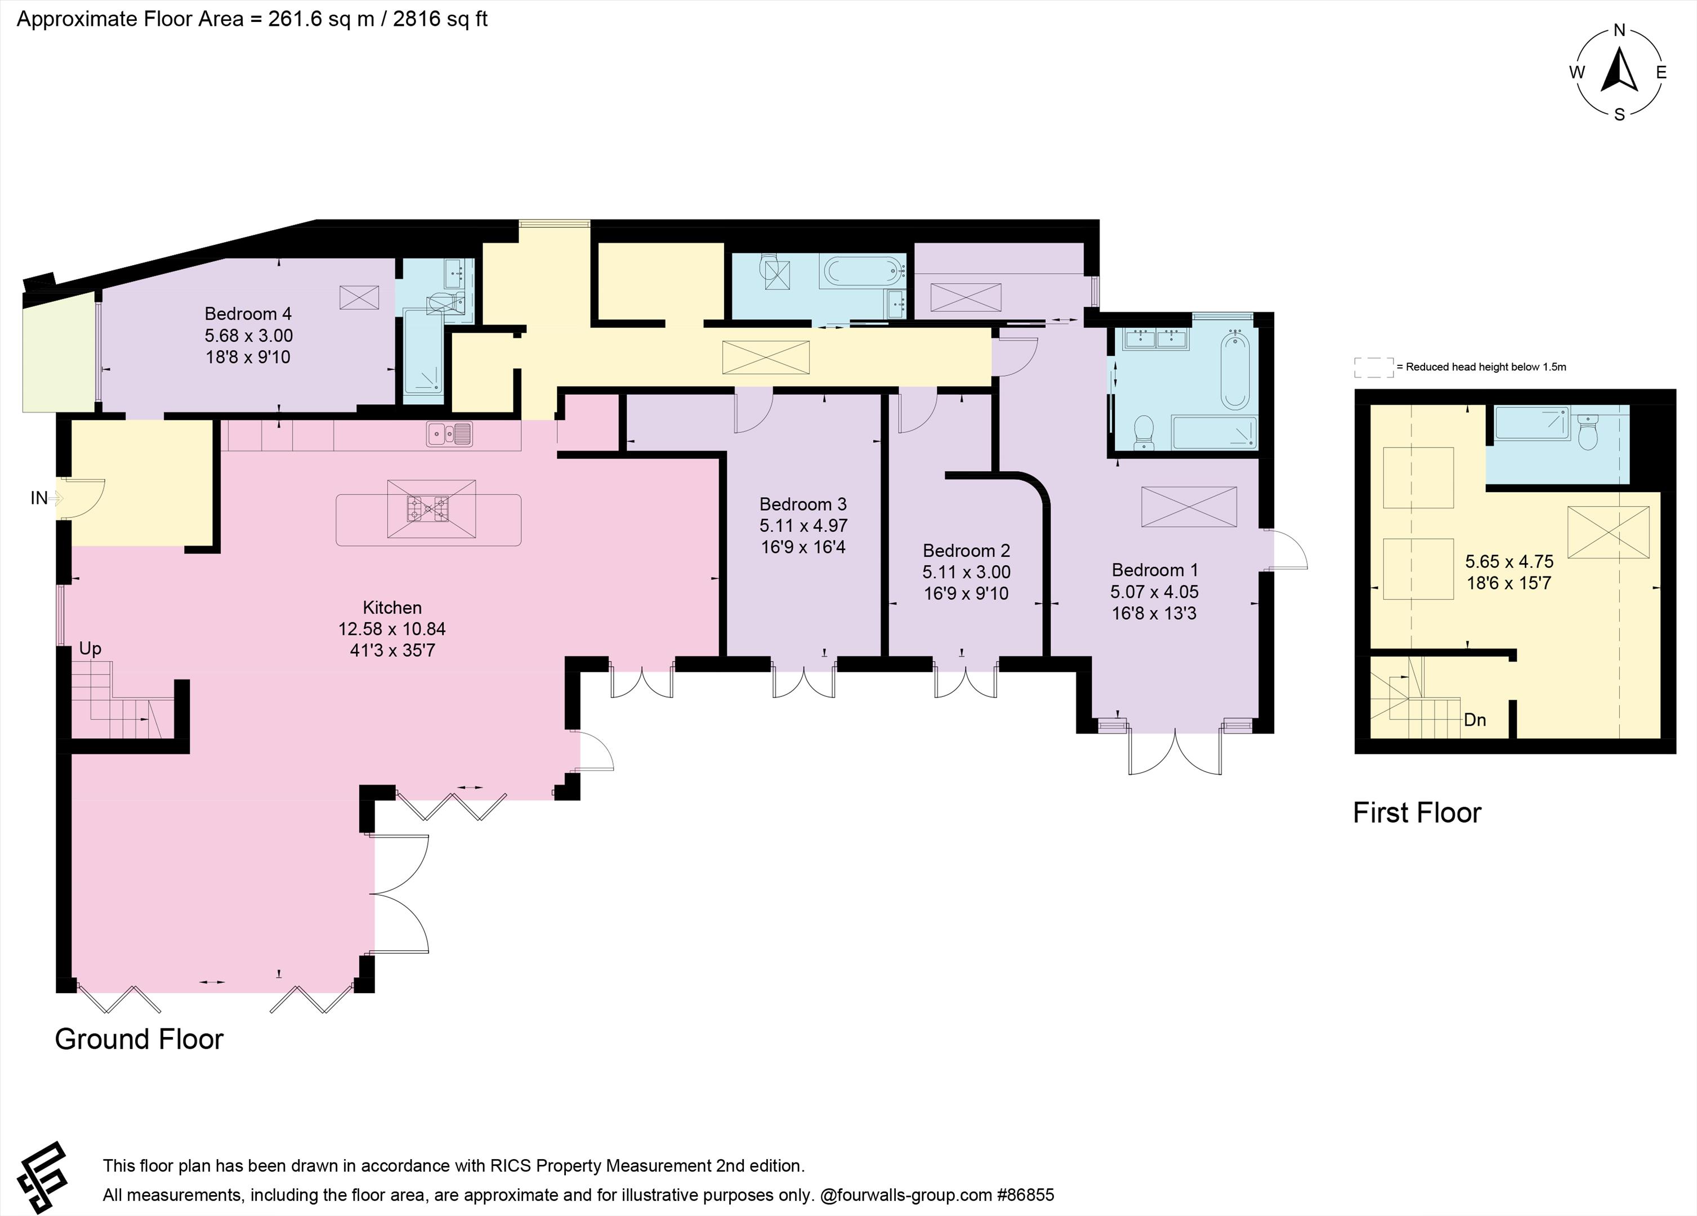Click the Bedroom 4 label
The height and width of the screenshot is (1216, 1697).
248,314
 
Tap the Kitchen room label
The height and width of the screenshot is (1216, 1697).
392,607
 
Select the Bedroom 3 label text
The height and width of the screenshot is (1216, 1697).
803,504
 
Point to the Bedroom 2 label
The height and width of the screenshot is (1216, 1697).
966,551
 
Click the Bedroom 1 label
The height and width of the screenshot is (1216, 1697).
1155,570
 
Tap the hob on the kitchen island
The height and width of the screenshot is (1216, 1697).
428,509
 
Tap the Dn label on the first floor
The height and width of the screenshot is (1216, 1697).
1475,720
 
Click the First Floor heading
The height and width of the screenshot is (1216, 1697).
1417,813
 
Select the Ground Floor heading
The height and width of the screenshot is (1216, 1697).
139,1039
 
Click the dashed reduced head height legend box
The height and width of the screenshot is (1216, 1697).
1374,366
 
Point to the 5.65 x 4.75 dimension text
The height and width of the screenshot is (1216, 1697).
1509,561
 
